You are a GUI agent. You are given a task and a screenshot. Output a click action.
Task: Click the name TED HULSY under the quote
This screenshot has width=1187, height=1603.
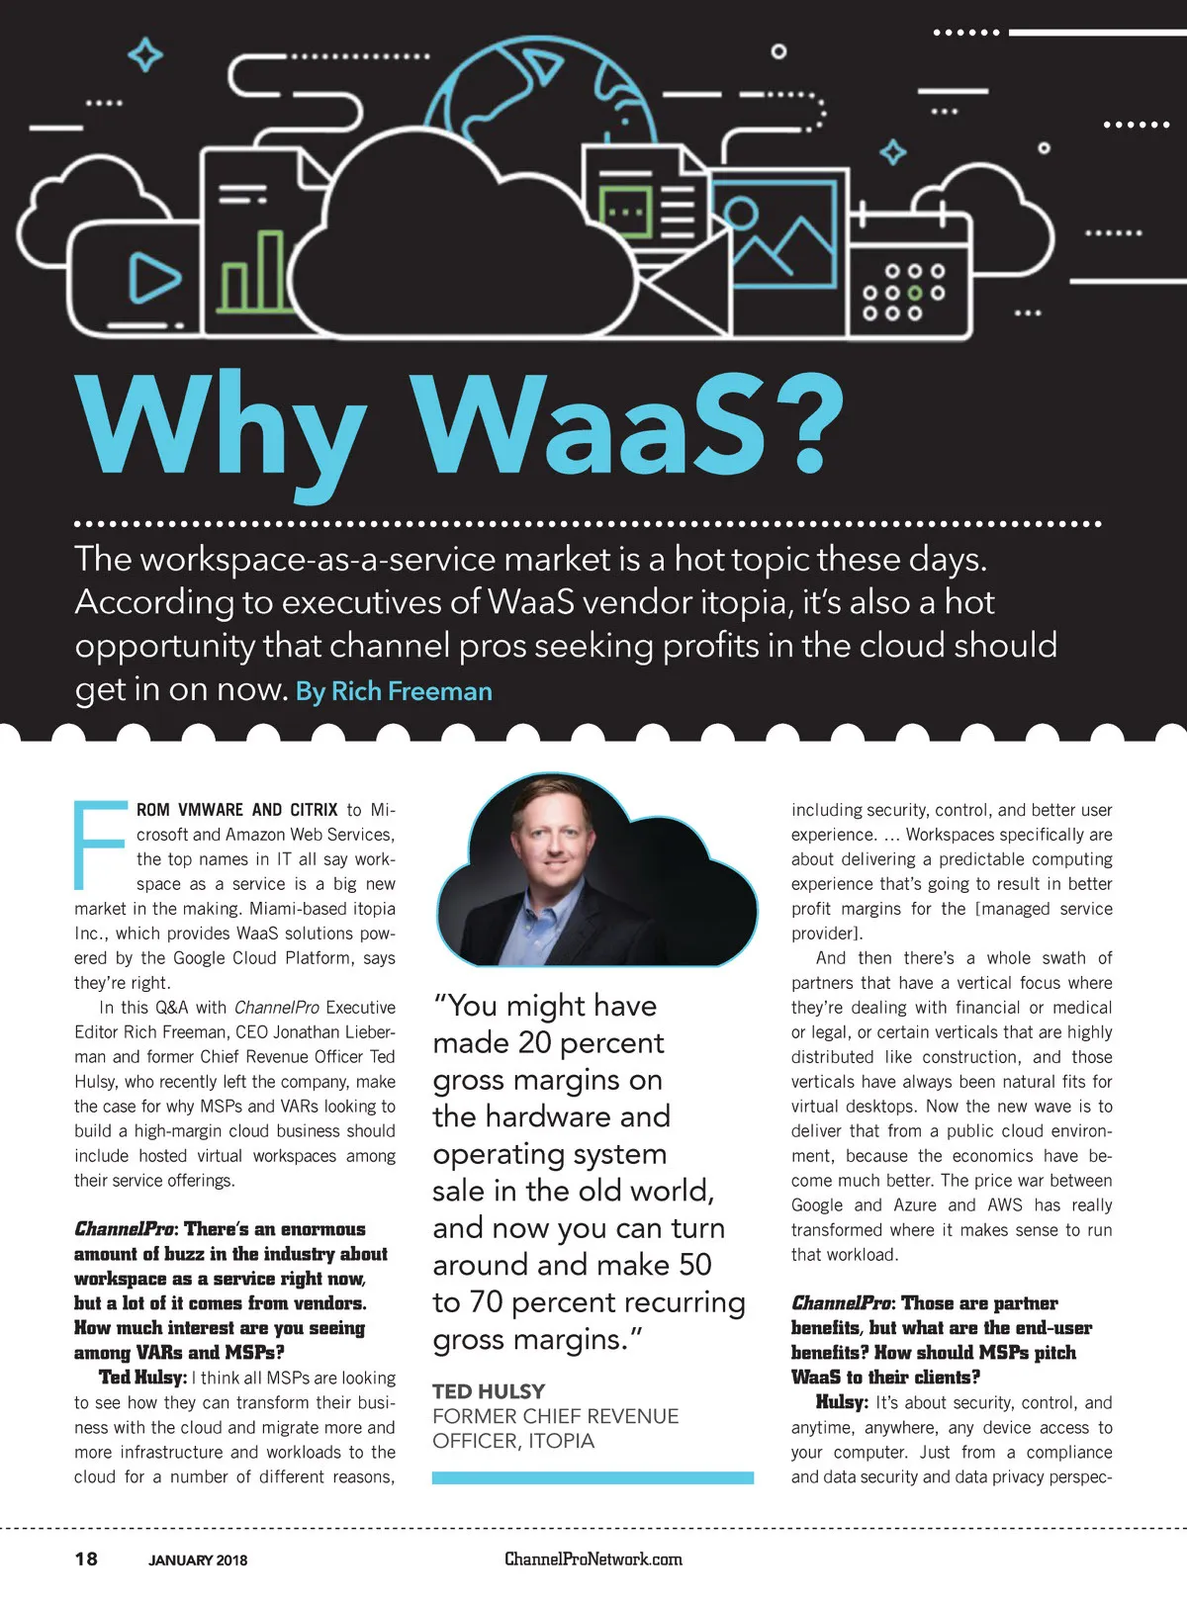click(489, 1391)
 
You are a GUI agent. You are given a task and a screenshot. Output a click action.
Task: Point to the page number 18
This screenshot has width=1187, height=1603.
click(86, 1558)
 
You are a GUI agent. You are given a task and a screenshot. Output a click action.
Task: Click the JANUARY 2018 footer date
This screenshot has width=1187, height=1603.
click(198, 1560)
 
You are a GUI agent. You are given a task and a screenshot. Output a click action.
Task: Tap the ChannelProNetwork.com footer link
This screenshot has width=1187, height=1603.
click(593, 1559)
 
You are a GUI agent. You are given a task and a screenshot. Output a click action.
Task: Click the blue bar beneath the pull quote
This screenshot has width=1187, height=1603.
click(593, 1478)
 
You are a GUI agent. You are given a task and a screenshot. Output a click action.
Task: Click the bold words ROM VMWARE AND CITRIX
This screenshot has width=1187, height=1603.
click(237, 810)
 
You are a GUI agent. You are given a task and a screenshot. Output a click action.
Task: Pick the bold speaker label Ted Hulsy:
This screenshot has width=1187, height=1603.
click(142, 1378)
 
